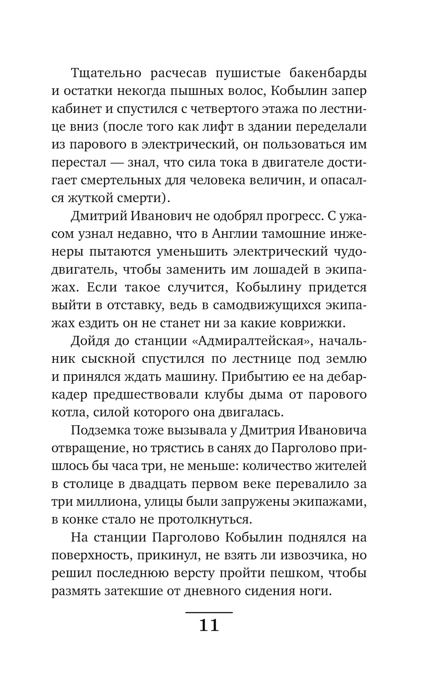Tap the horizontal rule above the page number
(209, 613)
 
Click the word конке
(80, 520)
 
